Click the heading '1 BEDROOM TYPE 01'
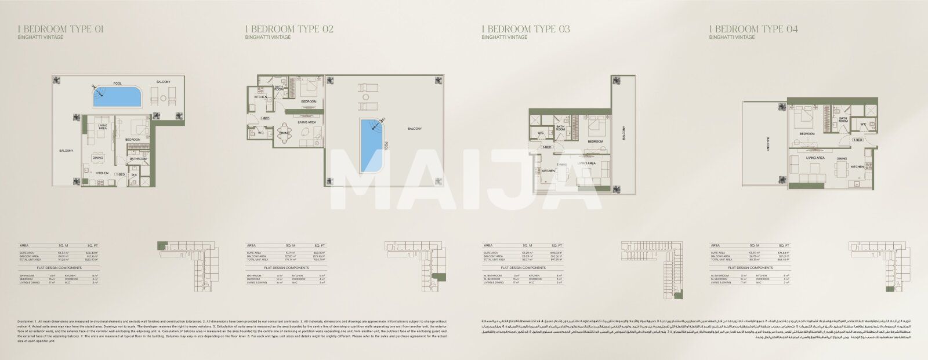[x=61, y=29]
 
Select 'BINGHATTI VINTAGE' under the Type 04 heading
[x=732, y=37]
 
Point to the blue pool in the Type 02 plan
[x=369, y=144]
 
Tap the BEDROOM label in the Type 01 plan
[x=135, y=140]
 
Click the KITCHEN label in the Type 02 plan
[x=260, y=97]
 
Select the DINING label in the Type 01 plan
[x=98, y=158]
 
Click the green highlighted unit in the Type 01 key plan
[x=162, y=245]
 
